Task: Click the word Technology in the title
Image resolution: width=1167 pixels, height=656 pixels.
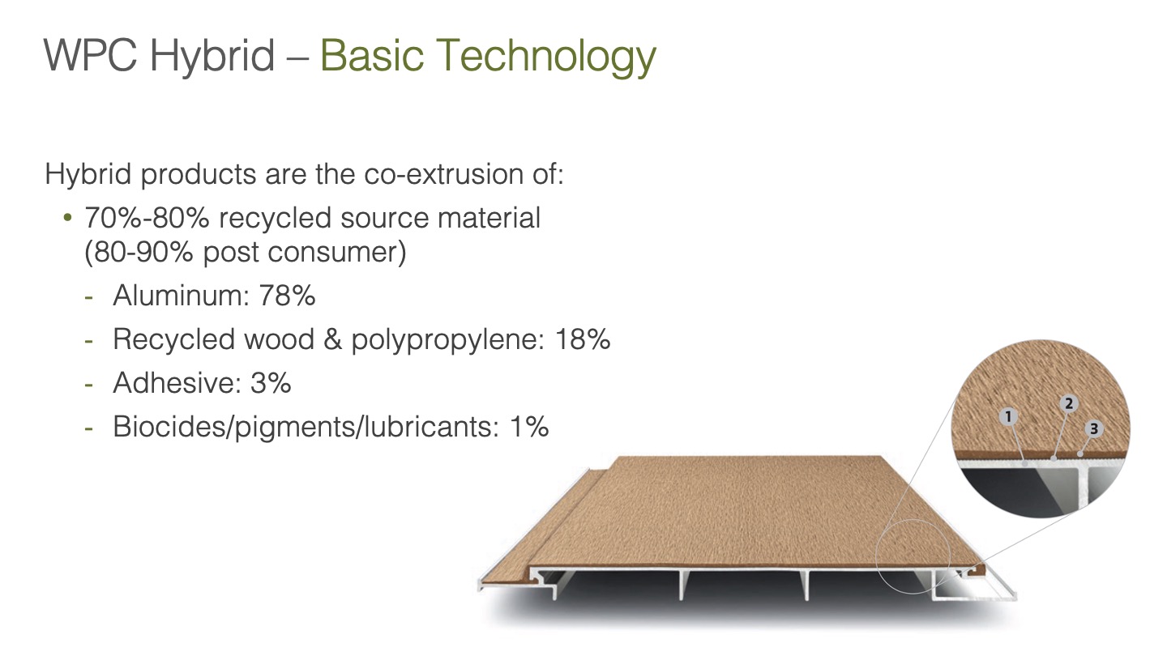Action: [x=546, y=57]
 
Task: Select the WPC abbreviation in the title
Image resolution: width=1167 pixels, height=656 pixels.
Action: [x=91, y=55]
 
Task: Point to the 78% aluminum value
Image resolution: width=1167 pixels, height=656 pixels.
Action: [x=287, y=295]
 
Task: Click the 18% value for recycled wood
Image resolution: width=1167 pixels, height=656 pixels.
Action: [x=582, y=339]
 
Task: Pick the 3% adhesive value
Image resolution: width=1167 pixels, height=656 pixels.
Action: [x=271, y=382]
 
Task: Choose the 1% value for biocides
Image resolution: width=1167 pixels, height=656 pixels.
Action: [x=528, y=426]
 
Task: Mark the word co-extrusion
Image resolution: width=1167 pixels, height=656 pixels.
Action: [x=443, y=174]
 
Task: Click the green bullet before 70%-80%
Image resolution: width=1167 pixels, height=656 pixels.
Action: [x=67, y=217]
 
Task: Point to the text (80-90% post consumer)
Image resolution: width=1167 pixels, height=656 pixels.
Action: [x=245, y=253]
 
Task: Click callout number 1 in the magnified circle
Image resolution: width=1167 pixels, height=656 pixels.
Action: [x=1009, y=416]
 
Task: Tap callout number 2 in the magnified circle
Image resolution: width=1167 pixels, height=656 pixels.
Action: [x=1069, y=403]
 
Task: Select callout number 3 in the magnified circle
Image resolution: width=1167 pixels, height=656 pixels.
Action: [x=1094, y=429]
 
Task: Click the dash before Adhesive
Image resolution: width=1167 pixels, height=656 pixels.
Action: [x=89, y=384]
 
